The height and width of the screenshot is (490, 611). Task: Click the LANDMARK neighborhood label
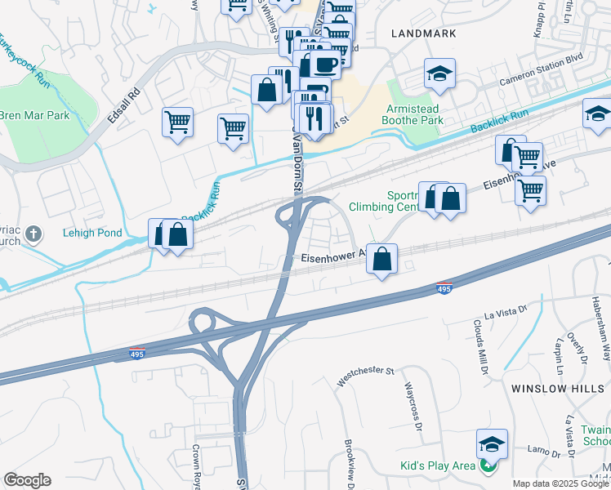(x=423, y=33)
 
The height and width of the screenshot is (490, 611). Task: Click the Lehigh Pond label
(x=92, y=233)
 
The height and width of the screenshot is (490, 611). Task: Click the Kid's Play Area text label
(x=437, y=465)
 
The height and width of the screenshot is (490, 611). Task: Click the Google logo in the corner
(x=27, y=480)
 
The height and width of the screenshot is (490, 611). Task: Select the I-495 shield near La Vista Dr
(x=444, y=288)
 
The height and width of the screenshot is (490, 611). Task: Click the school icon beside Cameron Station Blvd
(x=439, y=74)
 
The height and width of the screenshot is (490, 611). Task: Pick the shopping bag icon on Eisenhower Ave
(x=381, y=258)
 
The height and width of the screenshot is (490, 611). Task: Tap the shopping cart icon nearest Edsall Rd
(x=177, y=122)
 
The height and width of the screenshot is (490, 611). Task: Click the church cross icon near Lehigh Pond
(x=33, y=235)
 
